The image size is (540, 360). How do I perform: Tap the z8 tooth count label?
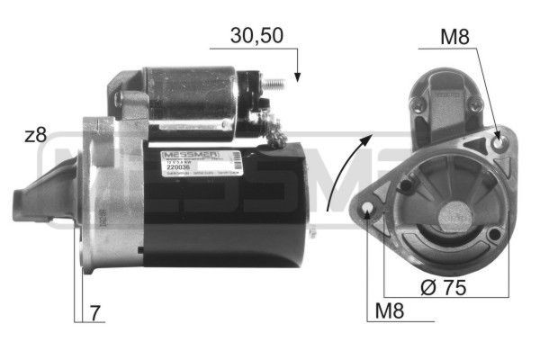pyautogui.click(x=35, y=136)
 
